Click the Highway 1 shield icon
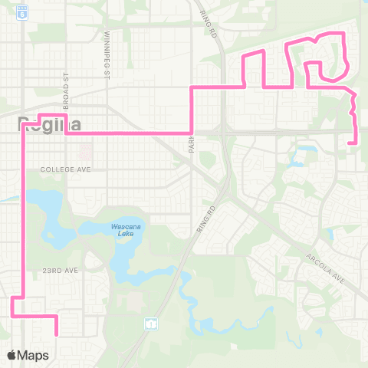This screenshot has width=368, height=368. [150, 324]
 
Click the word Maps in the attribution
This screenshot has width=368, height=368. [35, 355]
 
